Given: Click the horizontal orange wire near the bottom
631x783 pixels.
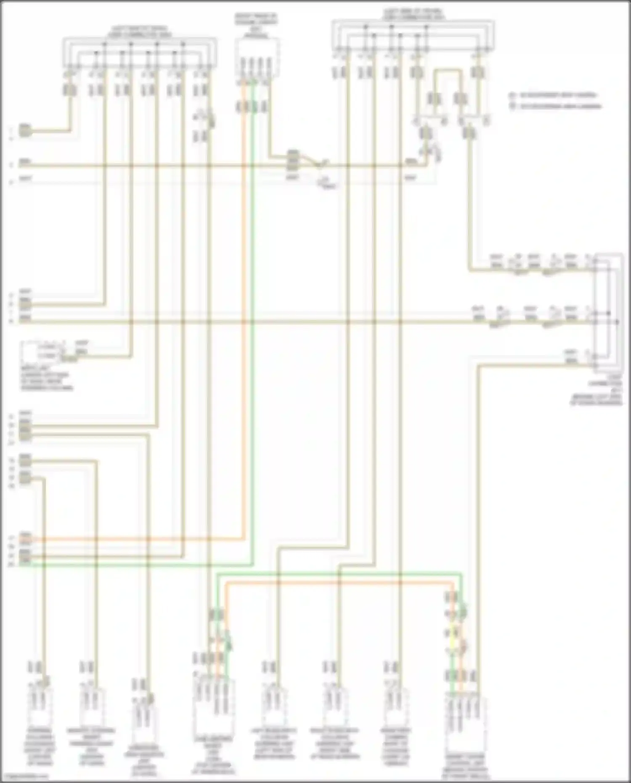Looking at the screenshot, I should point(337,583).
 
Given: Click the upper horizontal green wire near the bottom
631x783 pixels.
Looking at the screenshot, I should point(337,573).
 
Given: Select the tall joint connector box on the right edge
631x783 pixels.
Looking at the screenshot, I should point(607,311).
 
